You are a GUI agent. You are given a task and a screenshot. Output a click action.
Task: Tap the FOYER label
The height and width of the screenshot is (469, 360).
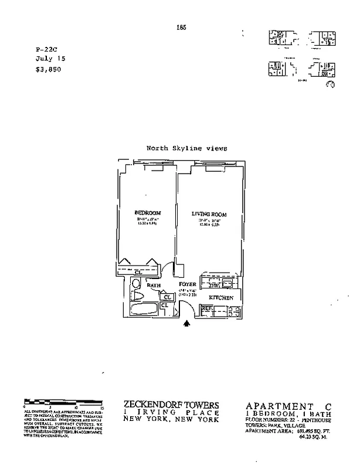click(x=188, y=285)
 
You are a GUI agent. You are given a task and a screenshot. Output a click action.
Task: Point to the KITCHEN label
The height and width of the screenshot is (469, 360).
click(x=222, y=298)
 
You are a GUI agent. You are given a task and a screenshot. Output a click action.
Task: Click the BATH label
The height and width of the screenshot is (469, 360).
click(x=154, y=286)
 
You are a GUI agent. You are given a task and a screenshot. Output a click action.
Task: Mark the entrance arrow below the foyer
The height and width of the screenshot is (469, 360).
click(x=188, y=322)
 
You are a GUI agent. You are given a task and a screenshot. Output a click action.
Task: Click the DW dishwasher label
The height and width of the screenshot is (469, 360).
click(x=213, y=285)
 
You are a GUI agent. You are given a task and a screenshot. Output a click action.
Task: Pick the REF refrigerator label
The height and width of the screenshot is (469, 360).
click(x=207, y=308)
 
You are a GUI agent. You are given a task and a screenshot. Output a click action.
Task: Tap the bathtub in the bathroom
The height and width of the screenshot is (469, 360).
click(x=145, y=310)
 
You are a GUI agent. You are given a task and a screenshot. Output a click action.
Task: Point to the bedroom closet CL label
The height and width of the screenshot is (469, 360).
click(x=138, y=272)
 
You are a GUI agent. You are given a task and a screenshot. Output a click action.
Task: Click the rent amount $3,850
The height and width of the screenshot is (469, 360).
click(x=48, y=69)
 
